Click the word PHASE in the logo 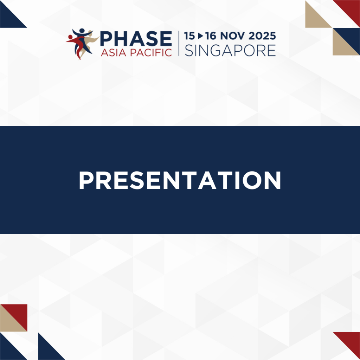pyautogui.click(x=136, y=39)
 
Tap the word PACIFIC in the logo pyautogui.click(x=151, y=53)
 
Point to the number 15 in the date pyautogui.click(x=189, y=36)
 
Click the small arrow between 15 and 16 pyautogui.click(x=200, y=36)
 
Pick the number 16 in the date pyautogui.click(x=211, y=36)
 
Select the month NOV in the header pyautogui.click(x=232, y=36)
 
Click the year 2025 pyautogui.click(x=262, y=36)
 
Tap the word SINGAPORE pyautogui.click(x=230, y=51)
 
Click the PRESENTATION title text pyautogui.click(x=180, y=180)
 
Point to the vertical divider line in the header pyautogui.click(x=179, y=43)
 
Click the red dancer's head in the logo pyautogui.click(x=70, y=37)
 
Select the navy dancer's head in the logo pyautogui.click(x=82, y=31)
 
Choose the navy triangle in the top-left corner pyautogui.click(x=9, y=18)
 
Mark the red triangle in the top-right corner pyautogui.click(x=351, y=9)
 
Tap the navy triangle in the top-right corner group pyautogui.click(x=351, y=37)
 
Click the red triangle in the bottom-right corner pyautogui.click(x=351, y=341)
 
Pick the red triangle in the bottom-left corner pyautogui.click(x=18, y=313)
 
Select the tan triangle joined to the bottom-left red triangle pyautogui.click(x=9, y=322)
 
